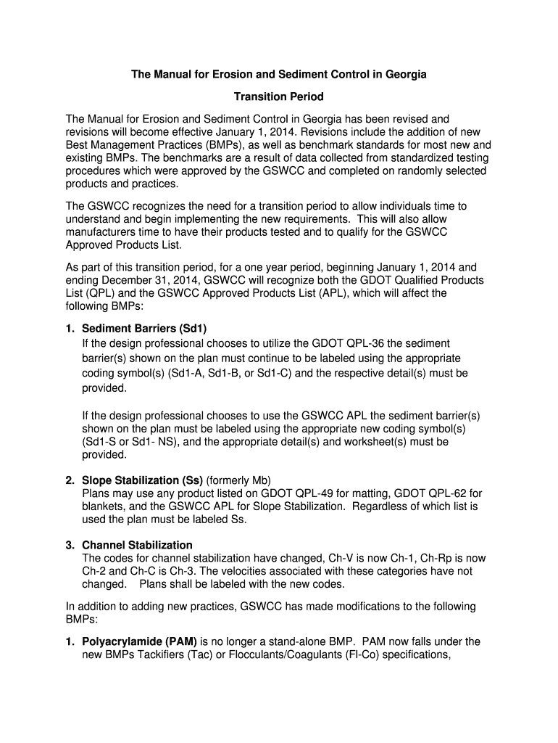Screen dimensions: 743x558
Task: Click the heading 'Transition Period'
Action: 278,97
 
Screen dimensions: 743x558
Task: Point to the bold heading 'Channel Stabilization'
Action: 137,545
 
